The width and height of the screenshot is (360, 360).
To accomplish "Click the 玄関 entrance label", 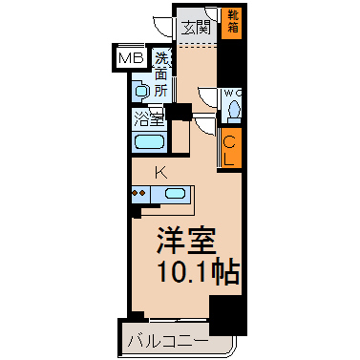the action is click(x=196, y=28).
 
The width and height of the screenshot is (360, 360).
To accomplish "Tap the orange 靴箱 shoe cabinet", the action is click(x=232, y=24).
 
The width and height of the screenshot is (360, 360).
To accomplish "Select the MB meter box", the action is click(x=131, y=58).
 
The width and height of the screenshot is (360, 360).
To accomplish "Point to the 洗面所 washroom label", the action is click(x=161, y=74).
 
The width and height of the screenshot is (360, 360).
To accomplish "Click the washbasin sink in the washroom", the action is click(x=140, y=91).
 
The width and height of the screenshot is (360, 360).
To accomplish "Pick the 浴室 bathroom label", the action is click(x=149, y=119).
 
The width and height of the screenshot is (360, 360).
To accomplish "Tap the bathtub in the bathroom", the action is click(x=149, y=142).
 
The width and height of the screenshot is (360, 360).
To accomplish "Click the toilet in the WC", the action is click(x=235, y=110).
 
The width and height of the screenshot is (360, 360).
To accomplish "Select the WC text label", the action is click(x=233, y=94).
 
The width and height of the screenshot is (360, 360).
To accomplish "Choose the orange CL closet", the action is click(x=231, y=150).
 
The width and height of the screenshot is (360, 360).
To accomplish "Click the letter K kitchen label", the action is click(x=161, y=173).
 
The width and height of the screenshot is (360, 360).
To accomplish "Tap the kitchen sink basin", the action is click(x=175, y=194).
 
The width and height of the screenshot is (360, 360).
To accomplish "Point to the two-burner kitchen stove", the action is click(x=139, y=194).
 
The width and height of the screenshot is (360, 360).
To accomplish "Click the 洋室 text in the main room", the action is click(x=186, y=240).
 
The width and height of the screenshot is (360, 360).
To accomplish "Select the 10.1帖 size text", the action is click(x=198, y=272).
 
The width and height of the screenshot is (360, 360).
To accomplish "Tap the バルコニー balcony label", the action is click(x=168, y=341).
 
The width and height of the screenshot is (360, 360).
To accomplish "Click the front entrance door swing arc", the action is click(x=159, y=27).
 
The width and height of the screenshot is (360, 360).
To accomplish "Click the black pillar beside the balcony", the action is click(x=228, y=314).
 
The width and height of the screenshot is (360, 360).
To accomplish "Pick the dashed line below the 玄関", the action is click(x=197, y=46).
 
